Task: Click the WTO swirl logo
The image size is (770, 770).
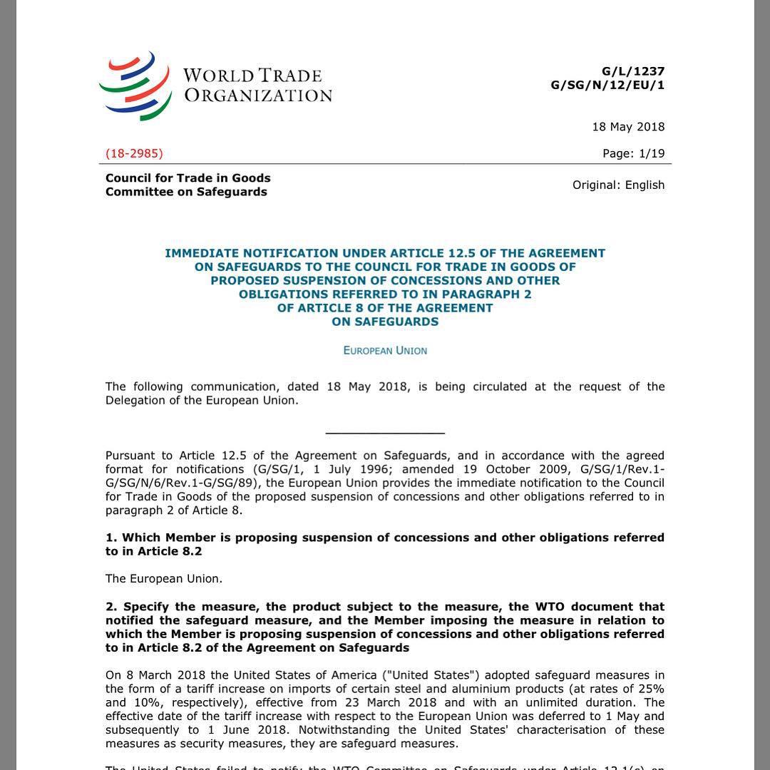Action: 135,86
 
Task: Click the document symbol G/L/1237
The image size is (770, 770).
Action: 633,71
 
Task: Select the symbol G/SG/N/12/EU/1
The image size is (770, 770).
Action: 607,85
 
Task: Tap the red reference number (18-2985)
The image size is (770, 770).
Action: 134,153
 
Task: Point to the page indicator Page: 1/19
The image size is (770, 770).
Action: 633,153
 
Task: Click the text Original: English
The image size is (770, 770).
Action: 618,185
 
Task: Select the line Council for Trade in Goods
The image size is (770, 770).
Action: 188,178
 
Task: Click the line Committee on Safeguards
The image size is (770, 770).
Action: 186,191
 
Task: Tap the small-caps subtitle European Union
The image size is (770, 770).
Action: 385,351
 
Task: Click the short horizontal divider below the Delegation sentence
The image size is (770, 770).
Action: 385,432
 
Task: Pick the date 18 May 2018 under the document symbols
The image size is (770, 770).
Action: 628,127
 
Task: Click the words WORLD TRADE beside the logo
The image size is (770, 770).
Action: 252,76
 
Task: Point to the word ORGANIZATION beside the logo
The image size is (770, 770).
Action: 258,95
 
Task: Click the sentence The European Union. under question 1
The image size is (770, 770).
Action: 164,579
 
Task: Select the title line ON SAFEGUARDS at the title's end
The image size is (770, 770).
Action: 385,322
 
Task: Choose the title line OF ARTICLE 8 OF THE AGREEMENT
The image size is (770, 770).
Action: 385,308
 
